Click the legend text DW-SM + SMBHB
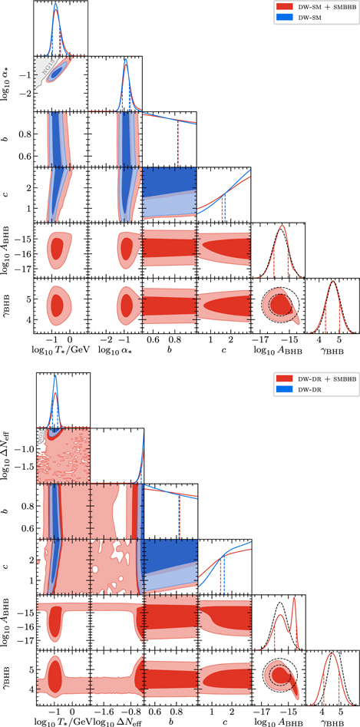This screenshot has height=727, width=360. click(x=323, y=6)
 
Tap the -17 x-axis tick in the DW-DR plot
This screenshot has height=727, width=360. click(x=260, y=711)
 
